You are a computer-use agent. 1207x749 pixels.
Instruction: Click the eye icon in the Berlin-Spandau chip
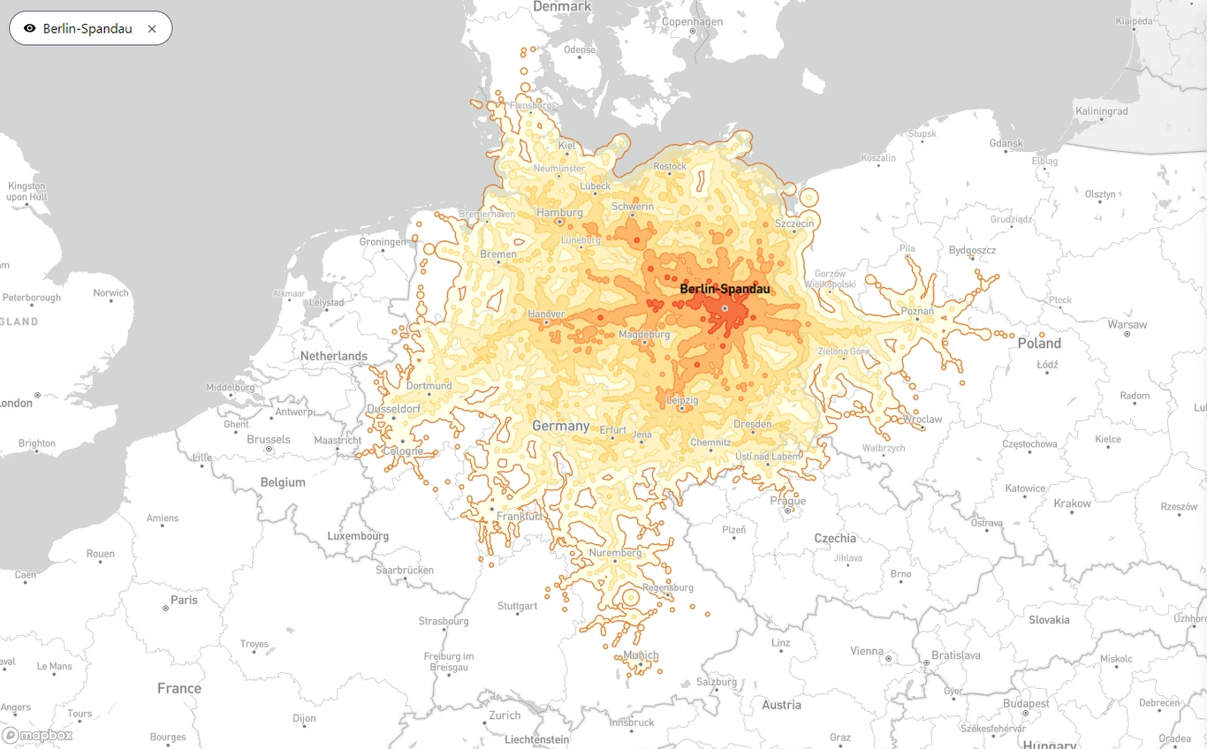click(x=30, y=28)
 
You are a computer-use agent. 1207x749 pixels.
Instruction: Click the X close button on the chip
click(x=152, y=28)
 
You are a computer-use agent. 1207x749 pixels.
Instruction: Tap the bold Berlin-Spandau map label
click(x=725, y=289)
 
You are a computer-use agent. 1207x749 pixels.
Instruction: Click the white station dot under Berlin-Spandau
click(x=725, y=308)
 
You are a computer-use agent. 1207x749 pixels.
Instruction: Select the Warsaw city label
click(x=1127, y=324)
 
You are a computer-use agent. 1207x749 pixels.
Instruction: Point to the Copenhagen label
click(x=692, y=22)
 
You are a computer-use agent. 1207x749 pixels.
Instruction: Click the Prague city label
click(x=787, y=501)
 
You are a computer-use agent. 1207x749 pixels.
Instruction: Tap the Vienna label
click(x=866, y=651)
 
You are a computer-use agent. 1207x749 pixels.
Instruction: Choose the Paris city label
click(x=184, y=600)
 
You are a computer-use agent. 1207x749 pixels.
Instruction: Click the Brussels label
click(x=269, y=439)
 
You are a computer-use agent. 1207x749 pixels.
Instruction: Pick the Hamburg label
click(x=559, y=212)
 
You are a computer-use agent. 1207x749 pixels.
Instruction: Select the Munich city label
click(x=641, y=655)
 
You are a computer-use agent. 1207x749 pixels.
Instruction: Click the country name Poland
click(x=1039, y=343)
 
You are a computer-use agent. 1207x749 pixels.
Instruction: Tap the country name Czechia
click(x=835, y=538)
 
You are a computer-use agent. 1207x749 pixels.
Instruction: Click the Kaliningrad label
click(x=1101, y=111)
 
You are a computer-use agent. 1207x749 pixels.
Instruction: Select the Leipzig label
click(x=681, y=400)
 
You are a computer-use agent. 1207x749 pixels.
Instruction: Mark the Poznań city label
click(x=917, y=311)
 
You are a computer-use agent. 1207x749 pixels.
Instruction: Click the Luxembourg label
click(x=358, y=536)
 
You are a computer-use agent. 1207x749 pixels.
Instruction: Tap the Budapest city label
click(x=1026, y=704)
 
